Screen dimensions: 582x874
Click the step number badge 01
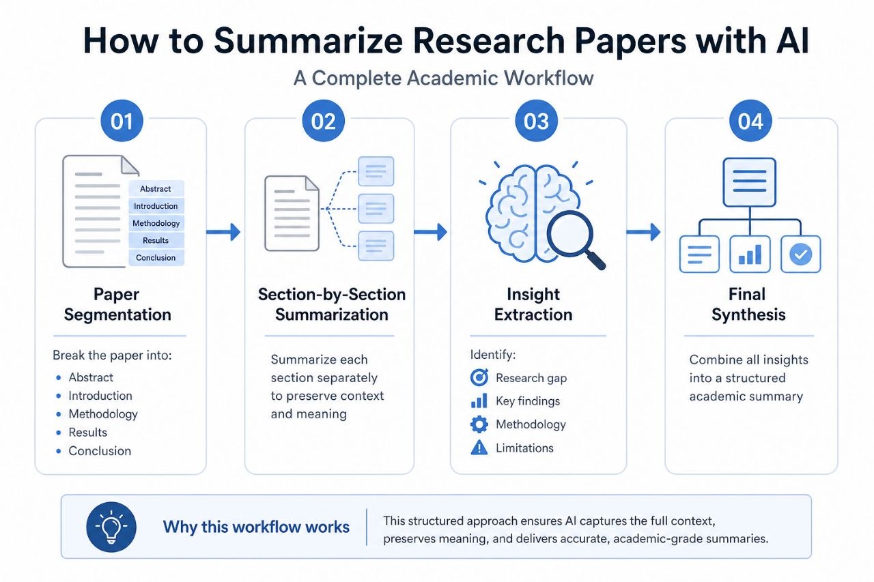point(122,121)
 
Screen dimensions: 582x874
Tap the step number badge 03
point(536,121)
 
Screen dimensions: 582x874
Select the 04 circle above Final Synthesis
point(750,121)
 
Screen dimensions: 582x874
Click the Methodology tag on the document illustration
point(156,223)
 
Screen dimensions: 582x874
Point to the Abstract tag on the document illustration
point(156,189)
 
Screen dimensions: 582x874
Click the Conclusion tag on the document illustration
point(156,258)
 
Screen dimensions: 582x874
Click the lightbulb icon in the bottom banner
point(111,527)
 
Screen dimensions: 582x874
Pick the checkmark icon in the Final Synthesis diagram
point(800,254)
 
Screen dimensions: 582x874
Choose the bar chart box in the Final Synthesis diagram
point(750,254)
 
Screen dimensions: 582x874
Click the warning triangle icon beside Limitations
point(479,448)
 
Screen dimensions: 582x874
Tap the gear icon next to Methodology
point(479,424)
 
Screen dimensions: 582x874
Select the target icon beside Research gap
point(479,378)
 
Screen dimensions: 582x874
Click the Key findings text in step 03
point(528,401)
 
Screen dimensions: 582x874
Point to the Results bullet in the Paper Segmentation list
point(88,433)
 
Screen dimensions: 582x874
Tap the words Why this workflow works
point(256,527)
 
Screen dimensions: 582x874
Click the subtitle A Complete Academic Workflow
point(444,78)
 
